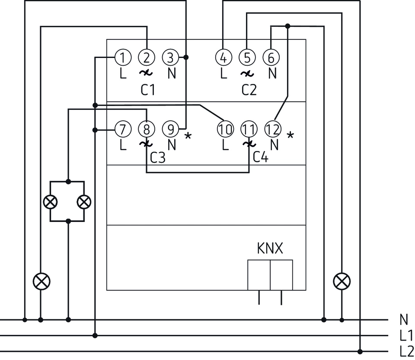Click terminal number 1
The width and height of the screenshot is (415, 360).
pyautogui.click(x=123, y=57)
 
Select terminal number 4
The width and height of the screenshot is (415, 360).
pyautogui.click(x=223, y=57)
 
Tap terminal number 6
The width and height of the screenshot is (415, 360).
pyautogui.click(x=271, y=57)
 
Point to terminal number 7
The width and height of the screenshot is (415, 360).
pyautogui.click(x=123, y=129)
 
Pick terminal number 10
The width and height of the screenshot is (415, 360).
pyautogui.click(x=226, y=129)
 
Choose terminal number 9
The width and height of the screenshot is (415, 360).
pyautogui.click(x=171, y=129)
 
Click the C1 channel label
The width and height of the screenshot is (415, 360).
pyautogui.click(x=148, y=90)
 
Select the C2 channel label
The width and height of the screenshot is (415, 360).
pyautogui.click(x=249, y=90)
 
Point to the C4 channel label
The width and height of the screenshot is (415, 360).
pyautogui.click(x=261, y=157)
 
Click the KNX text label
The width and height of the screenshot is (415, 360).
pyautogui.click(x=270, y=249)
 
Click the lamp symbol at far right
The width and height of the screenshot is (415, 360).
pyautogui.click(x=342, y=282)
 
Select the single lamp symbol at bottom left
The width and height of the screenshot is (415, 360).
pyautogui.click(x=41, y=282)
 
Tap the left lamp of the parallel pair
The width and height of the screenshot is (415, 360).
pyautogui.click(x=51, y=201)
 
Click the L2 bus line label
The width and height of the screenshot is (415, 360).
pyautogui.click(x=406, y=350)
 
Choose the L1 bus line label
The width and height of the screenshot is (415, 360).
pyautogui.click(x=406, y=335)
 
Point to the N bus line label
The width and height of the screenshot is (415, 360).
pyautogui.click(x=404, y=320)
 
